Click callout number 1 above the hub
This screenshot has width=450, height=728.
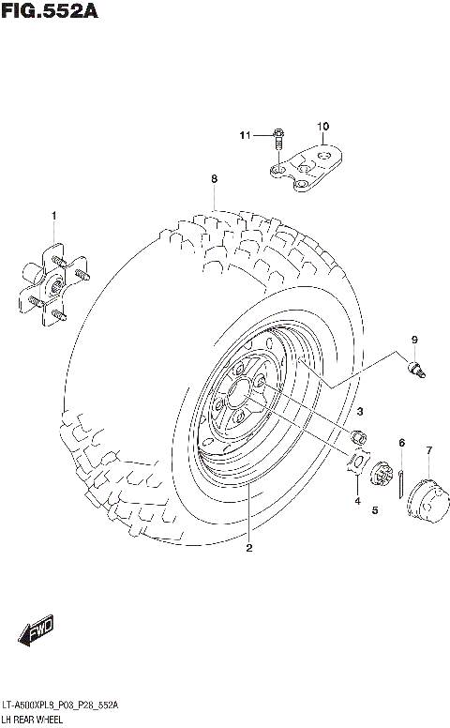tap(53, 216)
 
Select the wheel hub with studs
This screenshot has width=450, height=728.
tap(52, 283)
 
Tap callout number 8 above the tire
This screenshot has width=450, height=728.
tap(214, 178)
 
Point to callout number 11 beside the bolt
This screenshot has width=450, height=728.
tap(246, 136)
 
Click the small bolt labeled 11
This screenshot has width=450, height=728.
tap(278, 139)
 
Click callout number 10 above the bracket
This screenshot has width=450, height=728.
tap(322, 126)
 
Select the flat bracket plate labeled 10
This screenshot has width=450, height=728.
tap(313, 165)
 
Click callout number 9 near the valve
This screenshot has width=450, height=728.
tap(412, 339)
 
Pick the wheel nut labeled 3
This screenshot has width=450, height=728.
tap(357, 436)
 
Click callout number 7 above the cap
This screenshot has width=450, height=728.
tap(428, 451)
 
